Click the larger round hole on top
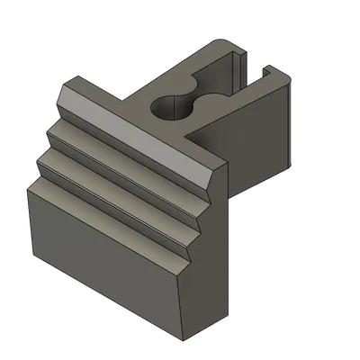click(x=166, y=107)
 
